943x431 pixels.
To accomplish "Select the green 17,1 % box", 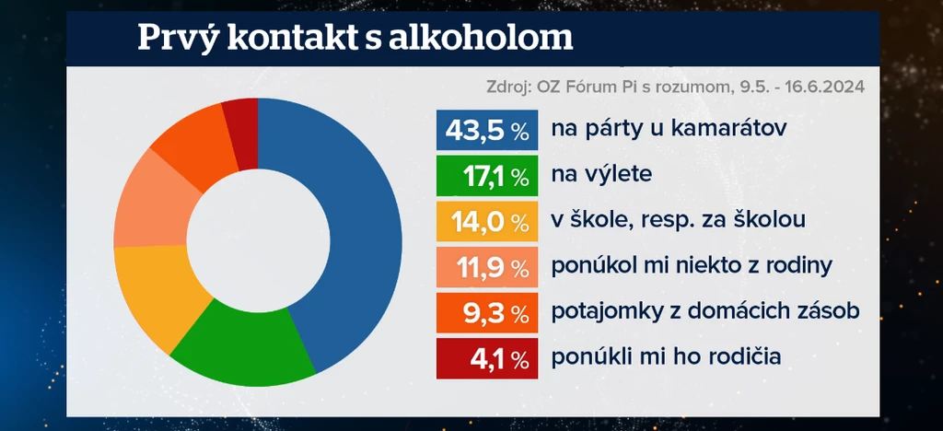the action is coord(487,176).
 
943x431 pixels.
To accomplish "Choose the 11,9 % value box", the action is coord(487,267).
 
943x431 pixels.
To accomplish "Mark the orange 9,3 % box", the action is coord(487,312).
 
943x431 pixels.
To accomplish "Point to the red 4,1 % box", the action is coord(487,358).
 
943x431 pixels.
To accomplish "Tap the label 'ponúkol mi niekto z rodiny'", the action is coord(693,267).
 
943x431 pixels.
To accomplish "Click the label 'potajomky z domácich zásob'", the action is coord(705,312).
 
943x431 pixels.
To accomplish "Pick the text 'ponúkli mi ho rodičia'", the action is coord(667,358).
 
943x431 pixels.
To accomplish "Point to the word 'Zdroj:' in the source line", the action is coord(507,87).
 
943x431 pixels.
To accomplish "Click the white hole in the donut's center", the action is coord(258,240).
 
